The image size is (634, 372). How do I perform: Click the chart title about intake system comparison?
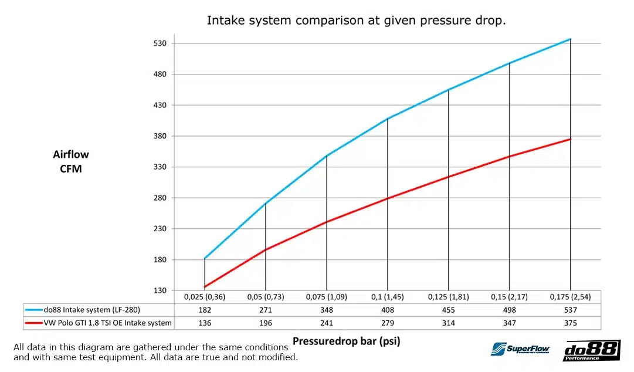(x=356, y=21)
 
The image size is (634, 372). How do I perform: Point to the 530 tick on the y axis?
(x=160, y=43)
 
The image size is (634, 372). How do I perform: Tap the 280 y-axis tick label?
(x=160, y=198)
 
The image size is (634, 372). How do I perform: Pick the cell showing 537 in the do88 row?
(x=570, y=310)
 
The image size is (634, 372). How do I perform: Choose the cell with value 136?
(x=205, y=323)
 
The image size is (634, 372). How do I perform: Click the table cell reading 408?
(x=387, y=310)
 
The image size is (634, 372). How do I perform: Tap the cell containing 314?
(x=448, y=323)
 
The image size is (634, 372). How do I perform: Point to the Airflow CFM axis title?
(x=71, y=161)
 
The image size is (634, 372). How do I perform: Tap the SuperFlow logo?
(x=521, y=349)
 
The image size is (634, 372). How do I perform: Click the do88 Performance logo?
(x=591, y=350)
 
